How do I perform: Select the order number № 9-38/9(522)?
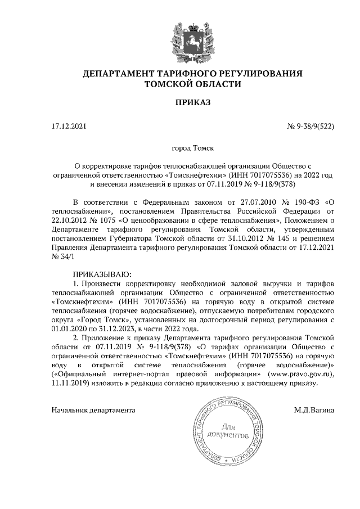[310, 127]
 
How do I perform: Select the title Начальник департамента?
[93, 410]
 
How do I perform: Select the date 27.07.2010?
[242, 201]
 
